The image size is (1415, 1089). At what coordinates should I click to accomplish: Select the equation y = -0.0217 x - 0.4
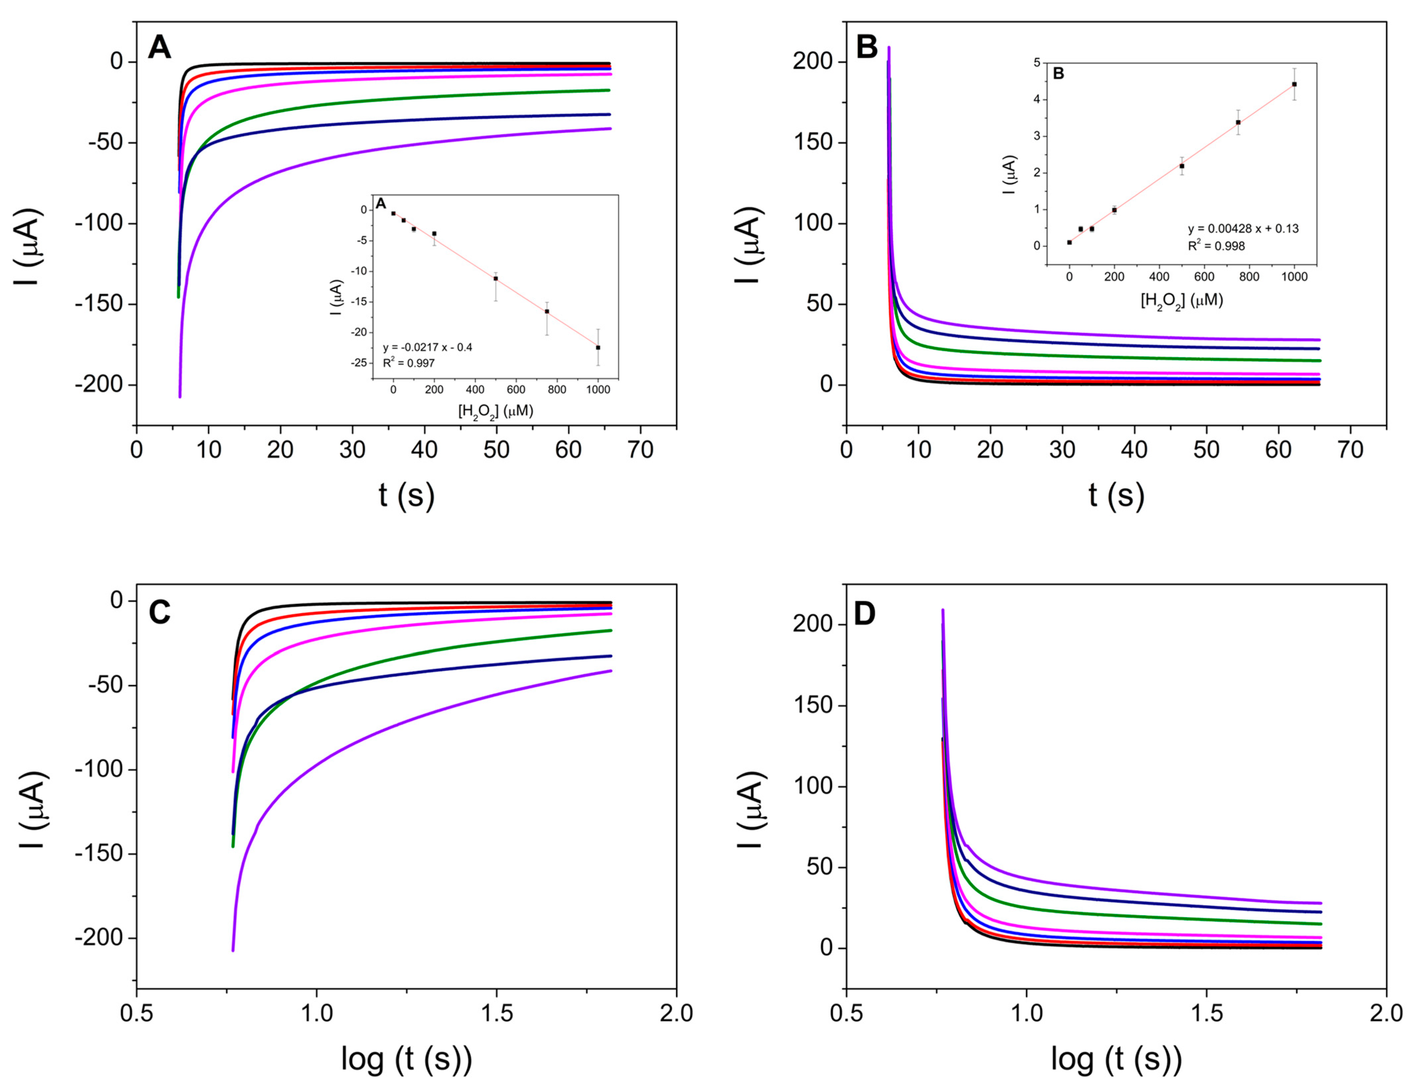[x=428, y=347]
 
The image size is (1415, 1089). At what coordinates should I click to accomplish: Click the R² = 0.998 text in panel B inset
[x=1216, y=246]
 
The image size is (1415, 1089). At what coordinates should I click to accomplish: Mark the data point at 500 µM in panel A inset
[x=496, y=279]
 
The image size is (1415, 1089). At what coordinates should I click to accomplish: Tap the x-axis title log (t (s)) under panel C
[x=406, y=1059]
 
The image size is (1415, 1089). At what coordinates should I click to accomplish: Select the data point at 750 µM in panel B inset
[x=1238, y=122]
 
